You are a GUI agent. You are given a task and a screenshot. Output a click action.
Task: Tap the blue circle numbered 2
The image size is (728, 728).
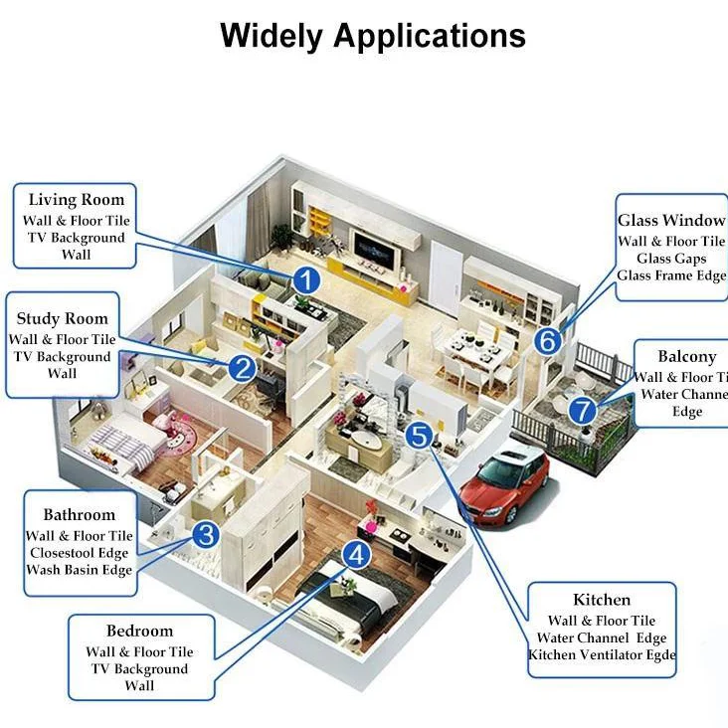(x=242, y=369)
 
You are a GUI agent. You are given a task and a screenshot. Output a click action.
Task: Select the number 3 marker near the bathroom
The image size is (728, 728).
(x=206, y=535)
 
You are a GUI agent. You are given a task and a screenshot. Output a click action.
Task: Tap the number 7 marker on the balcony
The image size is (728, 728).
(x=584, y=410)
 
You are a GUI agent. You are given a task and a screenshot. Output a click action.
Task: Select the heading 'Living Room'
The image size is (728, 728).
(x=77, y=200)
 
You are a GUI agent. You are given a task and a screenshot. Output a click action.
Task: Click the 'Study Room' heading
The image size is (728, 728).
(x=63, y=319)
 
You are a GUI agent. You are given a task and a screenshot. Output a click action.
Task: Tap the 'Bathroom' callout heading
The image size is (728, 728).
(x=80, y=515)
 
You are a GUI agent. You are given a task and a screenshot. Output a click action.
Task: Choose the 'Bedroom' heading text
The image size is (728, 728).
(x=139, y=631)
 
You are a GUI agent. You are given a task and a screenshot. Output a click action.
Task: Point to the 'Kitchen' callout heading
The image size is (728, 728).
(x=602, y=600)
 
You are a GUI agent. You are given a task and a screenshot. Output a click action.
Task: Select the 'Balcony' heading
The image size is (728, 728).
(x=686, y=357)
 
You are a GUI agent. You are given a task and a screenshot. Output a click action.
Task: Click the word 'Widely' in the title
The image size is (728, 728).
(x=272, y=36)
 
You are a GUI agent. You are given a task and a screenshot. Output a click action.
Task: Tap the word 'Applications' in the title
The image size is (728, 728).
(x=430, y=37)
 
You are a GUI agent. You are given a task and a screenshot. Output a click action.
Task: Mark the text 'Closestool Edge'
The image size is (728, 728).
(x=80, y=553)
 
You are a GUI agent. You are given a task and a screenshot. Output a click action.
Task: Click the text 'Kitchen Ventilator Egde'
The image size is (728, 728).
(x=603, y=654)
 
